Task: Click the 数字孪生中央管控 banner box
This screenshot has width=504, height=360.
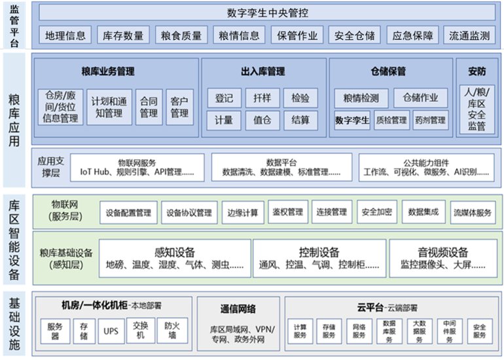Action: (x=267, y=12)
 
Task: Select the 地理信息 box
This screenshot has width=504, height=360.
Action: (x=65, y=35)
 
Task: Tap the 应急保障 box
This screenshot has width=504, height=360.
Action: (x=412, y=35)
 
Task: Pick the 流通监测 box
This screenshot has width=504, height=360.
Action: (x=469, y=35)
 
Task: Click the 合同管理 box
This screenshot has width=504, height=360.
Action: (x=149, y=107)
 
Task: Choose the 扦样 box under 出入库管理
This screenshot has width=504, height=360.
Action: (x=262, y=98)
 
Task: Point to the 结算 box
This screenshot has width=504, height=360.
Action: (x=300, y=120)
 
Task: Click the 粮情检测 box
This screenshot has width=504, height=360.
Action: (x=361, y=98)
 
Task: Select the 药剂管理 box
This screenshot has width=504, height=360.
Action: (x=431, y=120)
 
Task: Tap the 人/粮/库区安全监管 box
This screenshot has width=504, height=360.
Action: (x=477, y=109)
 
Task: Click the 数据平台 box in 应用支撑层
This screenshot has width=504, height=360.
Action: (x=281, y=167)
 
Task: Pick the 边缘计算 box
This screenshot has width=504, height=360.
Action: (x=243, y=213)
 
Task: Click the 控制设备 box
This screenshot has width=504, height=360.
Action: (x=319, y=258)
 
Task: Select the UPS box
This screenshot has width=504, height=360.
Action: (x=111, y=331)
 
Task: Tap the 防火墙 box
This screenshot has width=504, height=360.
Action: (x=172, y=331)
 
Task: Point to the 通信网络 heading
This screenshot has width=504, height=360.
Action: (x=238, y=309)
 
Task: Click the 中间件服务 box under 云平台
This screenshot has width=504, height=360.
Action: (x=450, y=331)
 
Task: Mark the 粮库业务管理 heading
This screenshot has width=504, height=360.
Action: (x=108, y=71)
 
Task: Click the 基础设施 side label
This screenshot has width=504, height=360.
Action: (x=14, y=323)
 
